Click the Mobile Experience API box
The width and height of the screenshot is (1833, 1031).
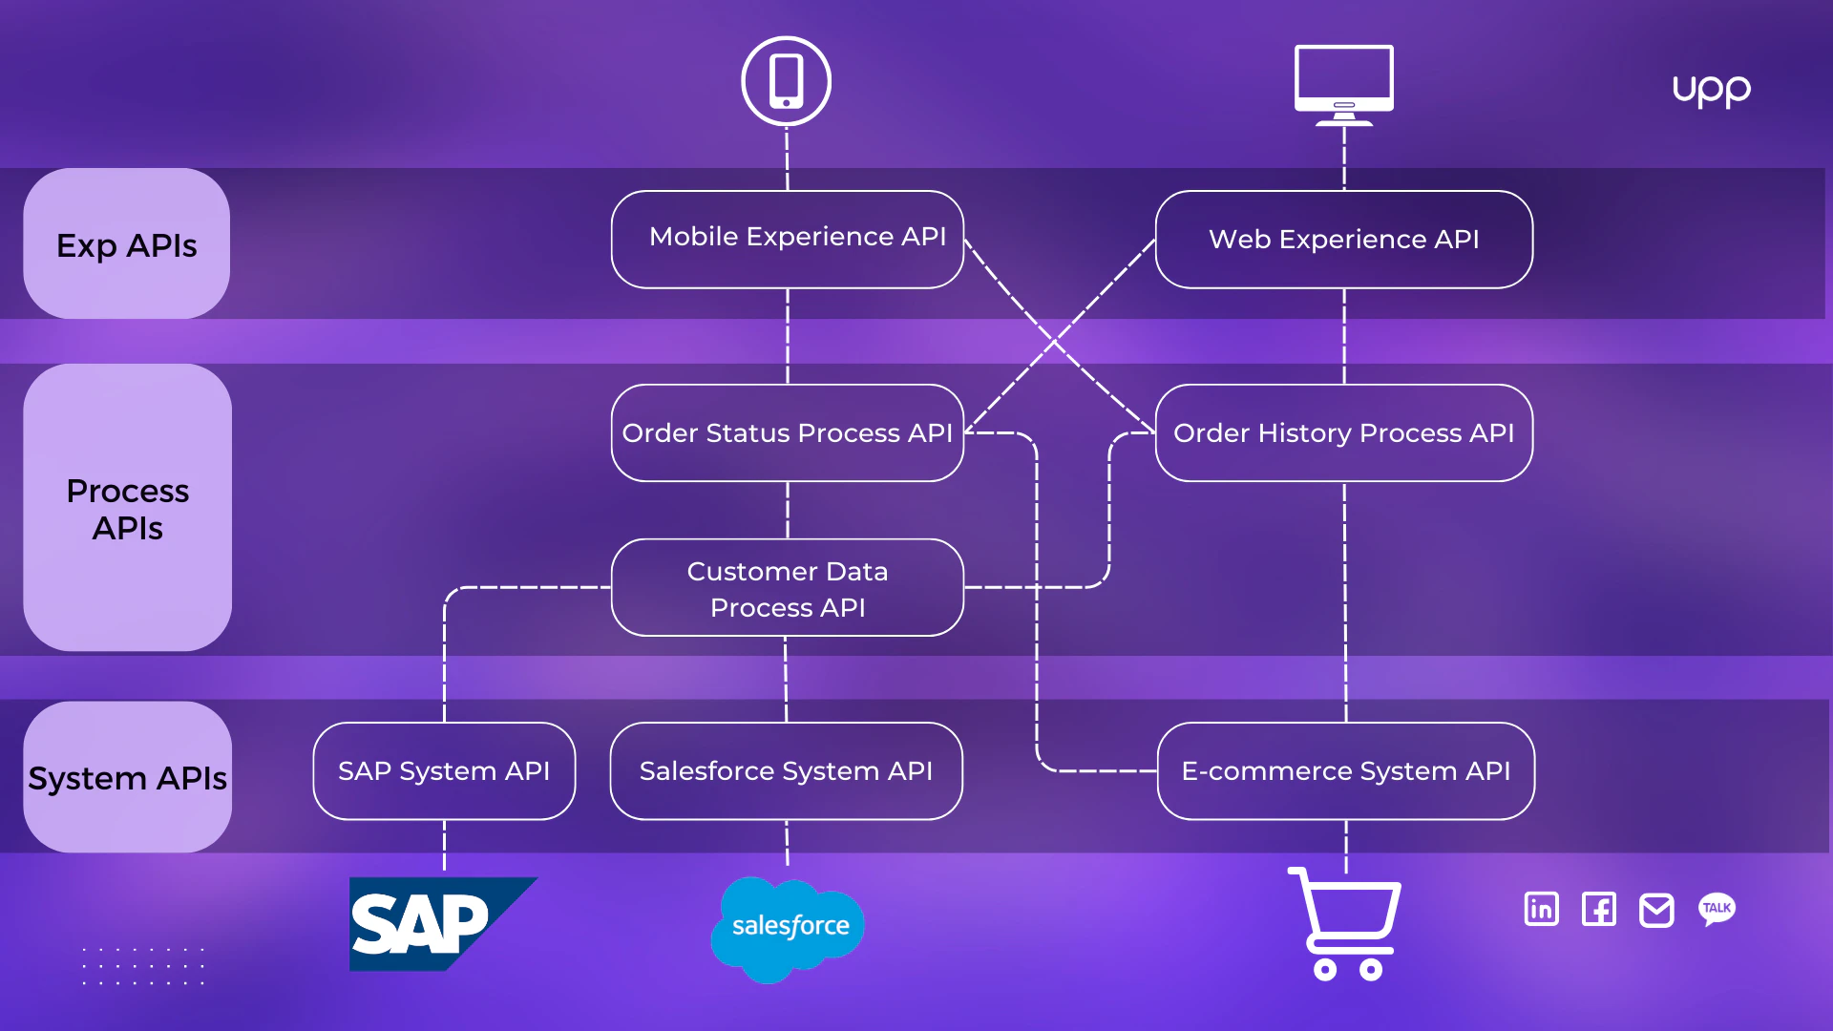788,240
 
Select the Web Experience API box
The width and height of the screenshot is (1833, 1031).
1344,240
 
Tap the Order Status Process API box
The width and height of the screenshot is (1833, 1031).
788,433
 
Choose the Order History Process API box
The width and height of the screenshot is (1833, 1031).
1344,433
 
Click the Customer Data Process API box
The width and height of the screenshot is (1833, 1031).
788,588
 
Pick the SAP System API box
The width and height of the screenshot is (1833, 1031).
444,771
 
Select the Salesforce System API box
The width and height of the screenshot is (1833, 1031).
786,771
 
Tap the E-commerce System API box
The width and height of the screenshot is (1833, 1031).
1346,771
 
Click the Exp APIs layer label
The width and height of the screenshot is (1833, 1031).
127,244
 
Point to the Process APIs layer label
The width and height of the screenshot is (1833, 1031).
128,508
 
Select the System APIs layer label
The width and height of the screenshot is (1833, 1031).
128,777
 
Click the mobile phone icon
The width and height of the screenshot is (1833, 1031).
787,81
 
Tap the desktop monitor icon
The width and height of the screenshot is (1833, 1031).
1344,84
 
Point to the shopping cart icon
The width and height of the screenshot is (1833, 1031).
1344,924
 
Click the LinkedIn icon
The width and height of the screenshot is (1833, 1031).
1542,909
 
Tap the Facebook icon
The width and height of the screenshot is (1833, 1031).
1599,909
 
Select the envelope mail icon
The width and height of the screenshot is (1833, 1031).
1656,910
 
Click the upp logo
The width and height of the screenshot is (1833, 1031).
1712,91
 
